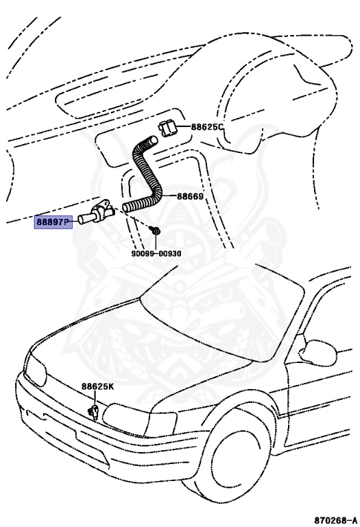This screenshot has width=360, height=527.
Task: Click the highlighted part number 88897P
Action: click(x=53, y=222)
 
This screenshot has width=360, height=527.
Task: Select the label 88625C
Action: click(x=207, y=127)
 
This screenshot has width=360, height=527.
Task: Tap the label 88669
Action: click(x=190, y=196)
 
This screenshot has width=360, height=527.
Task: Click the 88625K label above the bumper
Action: click(x=98, y=386)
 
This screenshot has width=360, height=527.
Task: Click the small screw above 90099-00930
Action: click(x=156, y=233)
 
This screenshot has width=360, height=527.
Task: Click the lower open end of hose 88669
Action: click(x=126, y=206)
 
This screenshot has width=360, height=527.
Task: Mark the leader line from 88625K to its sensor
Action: click(x=95, y=399)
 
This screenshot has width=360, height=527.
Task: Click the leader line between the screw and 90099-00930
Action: click(x=156, y=243)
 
